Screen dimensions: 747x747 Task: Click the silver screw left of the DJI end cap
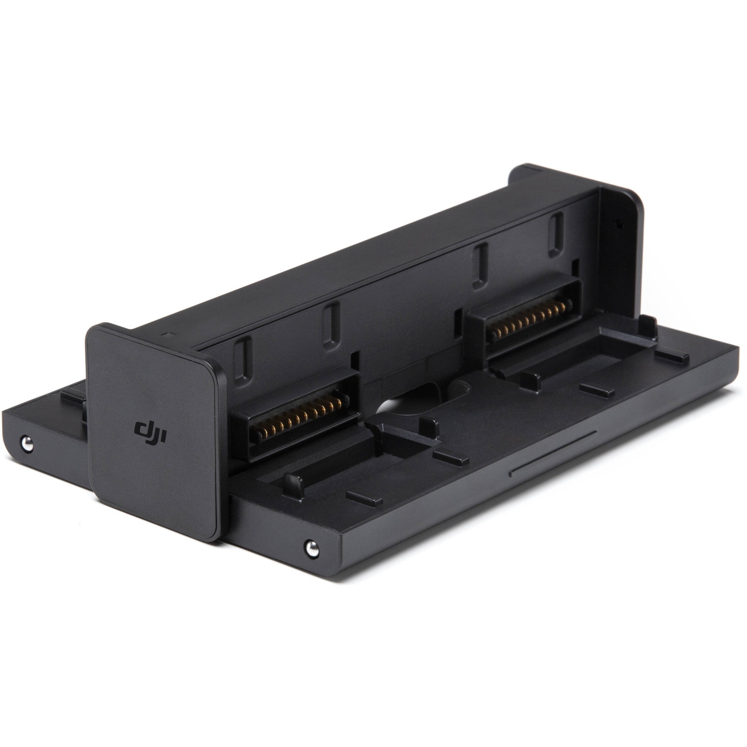(x=27, y=444)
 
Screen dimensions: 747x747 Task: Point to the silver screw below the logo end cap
(x=311, y=548)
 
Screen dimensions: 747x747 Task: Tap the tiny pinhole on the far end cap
(x=620, y=224)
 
